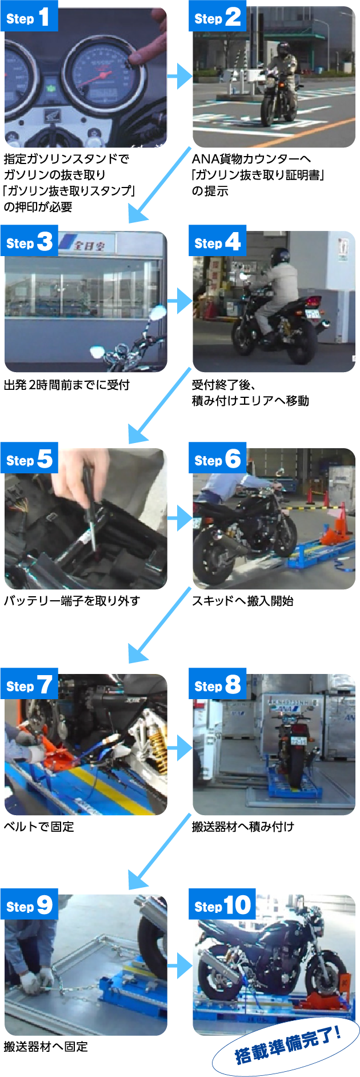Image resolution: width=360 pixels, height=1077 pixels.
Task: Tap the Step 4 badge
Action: (x=217, y=242)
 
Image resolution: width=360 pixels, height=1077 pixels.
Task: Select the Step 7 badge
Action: (x=29, y=684)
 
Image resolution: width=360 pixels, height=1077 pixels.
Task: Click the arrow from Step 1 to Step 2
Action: (x=180, y=76)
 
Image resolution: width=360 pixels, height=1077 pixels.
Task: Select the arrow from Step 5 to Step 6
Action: (x=180, y=518)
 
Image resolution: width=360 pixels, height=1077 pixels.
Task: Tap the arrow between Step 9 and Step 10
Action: (x=180, y=966)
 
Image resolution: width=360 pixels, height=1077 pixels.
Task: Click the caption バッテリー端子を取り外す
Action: (x=72, y=601)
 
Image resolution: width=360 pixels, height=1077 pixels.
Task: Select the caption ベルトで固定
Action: (x=39, y=826)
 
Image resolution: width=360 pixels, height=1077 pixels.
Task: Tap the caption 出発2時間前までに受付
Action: (x=67, y=385)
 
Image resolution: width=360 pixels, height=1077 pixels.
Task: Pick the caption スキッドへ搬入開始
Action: (x=243, y=601)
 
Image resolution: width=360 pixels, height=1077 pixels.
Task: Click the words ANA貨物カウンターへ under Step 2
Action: (x=251, y=159)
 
